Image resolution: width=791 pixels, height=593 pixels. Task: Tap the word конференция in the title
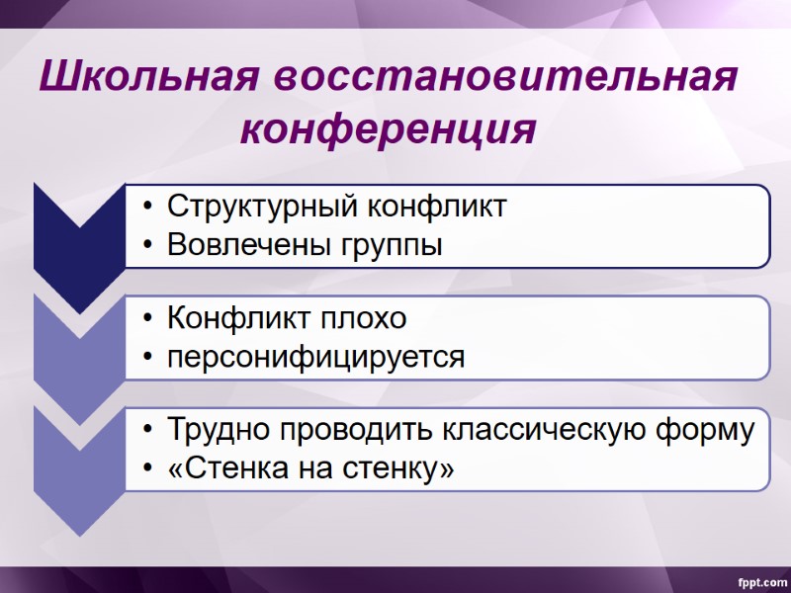point(389,129)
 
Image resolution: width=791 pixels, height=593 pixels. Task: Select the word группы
point(393,245)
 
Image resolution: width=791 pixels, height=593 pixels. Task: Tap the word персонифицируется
point(315,356)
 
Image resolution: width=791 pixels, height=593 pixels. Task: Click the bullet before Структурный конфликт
point(147,208)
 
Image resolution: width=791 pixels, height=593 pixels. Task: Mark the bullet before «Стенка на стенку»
point(147,468)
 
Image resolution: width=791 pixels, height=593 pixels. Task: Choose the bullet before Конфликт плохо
point(147,320)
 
